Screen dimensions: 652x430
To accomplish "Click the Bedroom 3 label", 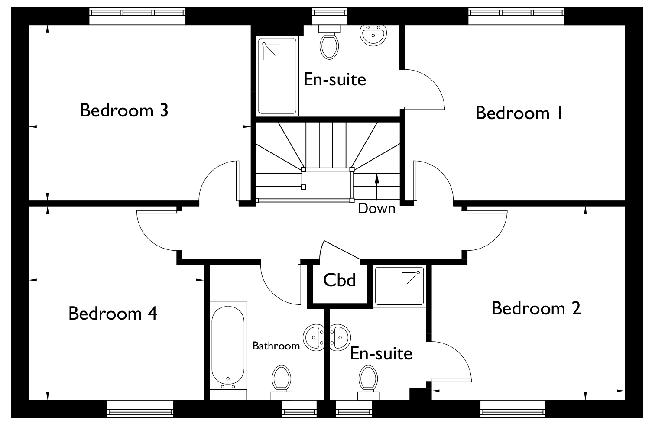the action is (x=124, y=110).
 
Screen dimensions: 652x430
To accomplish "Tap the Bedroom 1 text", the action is (x=519, y=113).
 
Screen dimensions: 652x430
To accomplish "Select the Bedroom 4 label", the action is (x=113, y=314).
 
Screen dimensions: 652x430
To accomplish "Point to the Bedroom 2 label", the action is (x=536, y=308).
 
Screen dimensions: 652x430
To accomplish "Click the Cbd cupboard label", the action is (x=339, y=280).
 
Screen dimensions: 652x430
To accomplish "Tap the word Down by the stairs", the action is (x=376, y=209).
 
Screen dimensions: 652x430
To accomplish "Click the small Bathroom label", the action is (x=276, y=346).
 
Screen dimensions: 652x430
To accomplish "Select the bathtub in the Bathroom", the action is (x=228, y=346).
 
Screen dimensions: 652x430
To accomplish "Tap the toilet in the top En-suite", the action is (x=329, y=42).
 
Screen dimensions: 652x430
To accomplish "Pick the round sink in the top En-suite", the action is (x=373, y=35).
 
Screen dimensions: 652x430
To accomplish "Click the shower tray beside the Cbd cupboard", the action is (x=399, y=286).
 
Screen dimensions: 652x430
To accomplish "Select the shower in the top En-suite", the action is (x=277, y=76).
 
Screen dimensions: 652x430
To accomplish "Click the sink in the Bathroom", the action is (x=314, y=337).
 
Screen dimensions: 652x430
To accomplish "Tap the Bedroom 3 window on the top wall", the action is (x=137, y=16).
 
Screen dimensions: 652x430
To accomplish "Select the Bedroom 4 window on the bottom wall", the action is (x=140, y=409).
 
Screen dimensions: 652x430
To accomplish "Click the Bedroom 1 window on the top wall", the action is (x=516, y=16).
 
